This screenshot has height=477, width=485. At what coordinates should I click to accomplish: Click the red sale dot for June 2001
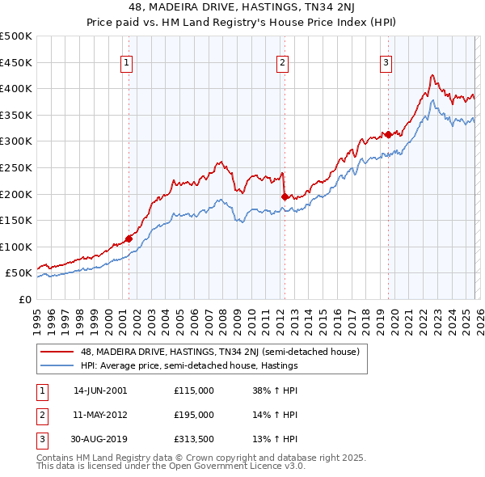tap(129, 238)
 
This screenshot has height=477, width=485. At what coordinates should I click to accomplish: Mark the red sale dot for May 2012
tap(284, 196)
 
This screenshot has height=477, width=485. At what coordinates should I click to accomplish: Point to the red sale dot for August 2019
tap(388, 134)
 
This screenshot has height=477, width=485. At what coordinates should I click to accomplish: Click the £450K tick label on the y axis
tap(15, 62)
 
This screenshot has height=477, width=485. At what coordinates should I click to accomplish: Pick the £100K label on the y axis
tap(15, 247)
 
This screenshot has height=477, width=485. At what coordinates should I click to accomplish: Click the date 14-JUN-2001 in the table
tap(100, 390)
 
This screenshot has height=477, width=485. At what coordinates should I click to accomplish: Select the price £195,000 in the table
tap(194, 415)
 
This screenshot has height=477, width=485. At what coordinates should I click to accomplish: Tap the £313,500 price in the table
tap(194, 440)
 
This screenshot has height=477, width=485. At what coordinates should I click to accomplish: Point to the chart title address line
tap(242, 9)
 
